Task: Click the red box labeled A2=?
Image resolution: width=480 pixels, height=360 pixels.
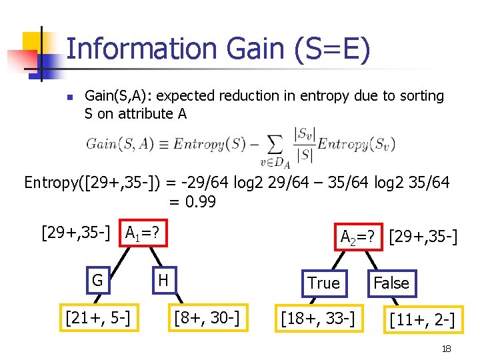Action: tap(359, 236)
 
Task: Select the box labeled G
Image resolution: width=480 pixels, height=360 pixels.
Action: tap(97, 280)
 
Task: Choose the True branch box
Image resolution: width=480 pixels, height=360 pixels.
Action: tap(324, 283)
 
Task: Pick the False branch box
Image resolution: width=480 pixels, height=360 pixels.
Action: tap(391, 283)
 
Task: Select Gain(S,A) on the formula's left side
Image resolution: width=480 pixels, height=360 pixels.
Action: tap(120, 144)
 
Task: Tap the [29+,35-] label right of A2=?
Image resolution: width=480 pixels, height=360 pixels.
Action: tap(423, 236)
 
